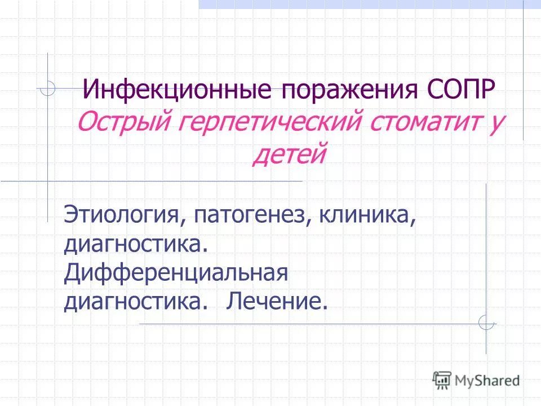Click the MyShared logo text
(x=486, y=379)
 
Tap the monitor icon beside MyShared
(x=442, y=379)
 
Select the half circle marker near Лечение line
(x=486, y=323)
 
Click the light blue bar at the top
(x=361, y=4)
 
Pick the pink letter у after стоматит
(x=496, y=122)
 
